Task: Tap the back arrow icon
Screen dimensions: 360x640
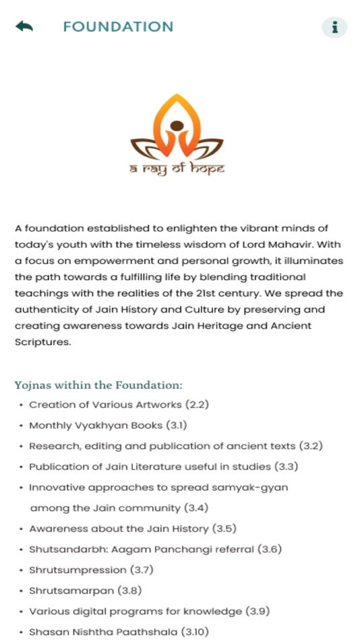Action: coord(24,27)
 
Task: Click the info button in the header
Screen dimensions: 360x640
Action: coord(334,28)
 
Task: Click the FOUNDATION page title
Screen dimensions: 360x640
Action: coord(118,27)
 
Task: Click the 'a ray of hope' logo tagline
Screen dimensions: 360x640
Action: coord(177,168)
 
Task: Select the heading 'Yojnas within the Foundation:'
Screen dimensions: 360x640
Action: coord(98,385)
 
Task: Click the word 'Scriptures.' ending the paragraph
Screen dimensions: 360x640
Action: coord(42,342)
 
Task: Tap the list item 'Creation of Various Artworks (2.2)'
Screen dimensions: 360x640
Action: coord(109,405)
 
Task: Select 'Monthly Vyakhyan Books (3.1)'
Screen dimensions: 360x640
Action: coord(108,426)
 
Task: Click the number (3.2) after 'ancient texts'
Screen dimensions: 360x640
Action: coord(311,446)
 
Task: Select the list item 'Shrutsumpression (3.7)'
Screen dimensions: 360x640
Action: coord(91,570)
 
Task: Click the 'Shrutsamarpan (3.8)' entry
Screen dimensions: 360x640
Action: coord(85,591)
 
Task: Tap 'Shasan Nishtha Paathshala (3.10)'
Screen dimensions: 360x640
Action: coord(119,632)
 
